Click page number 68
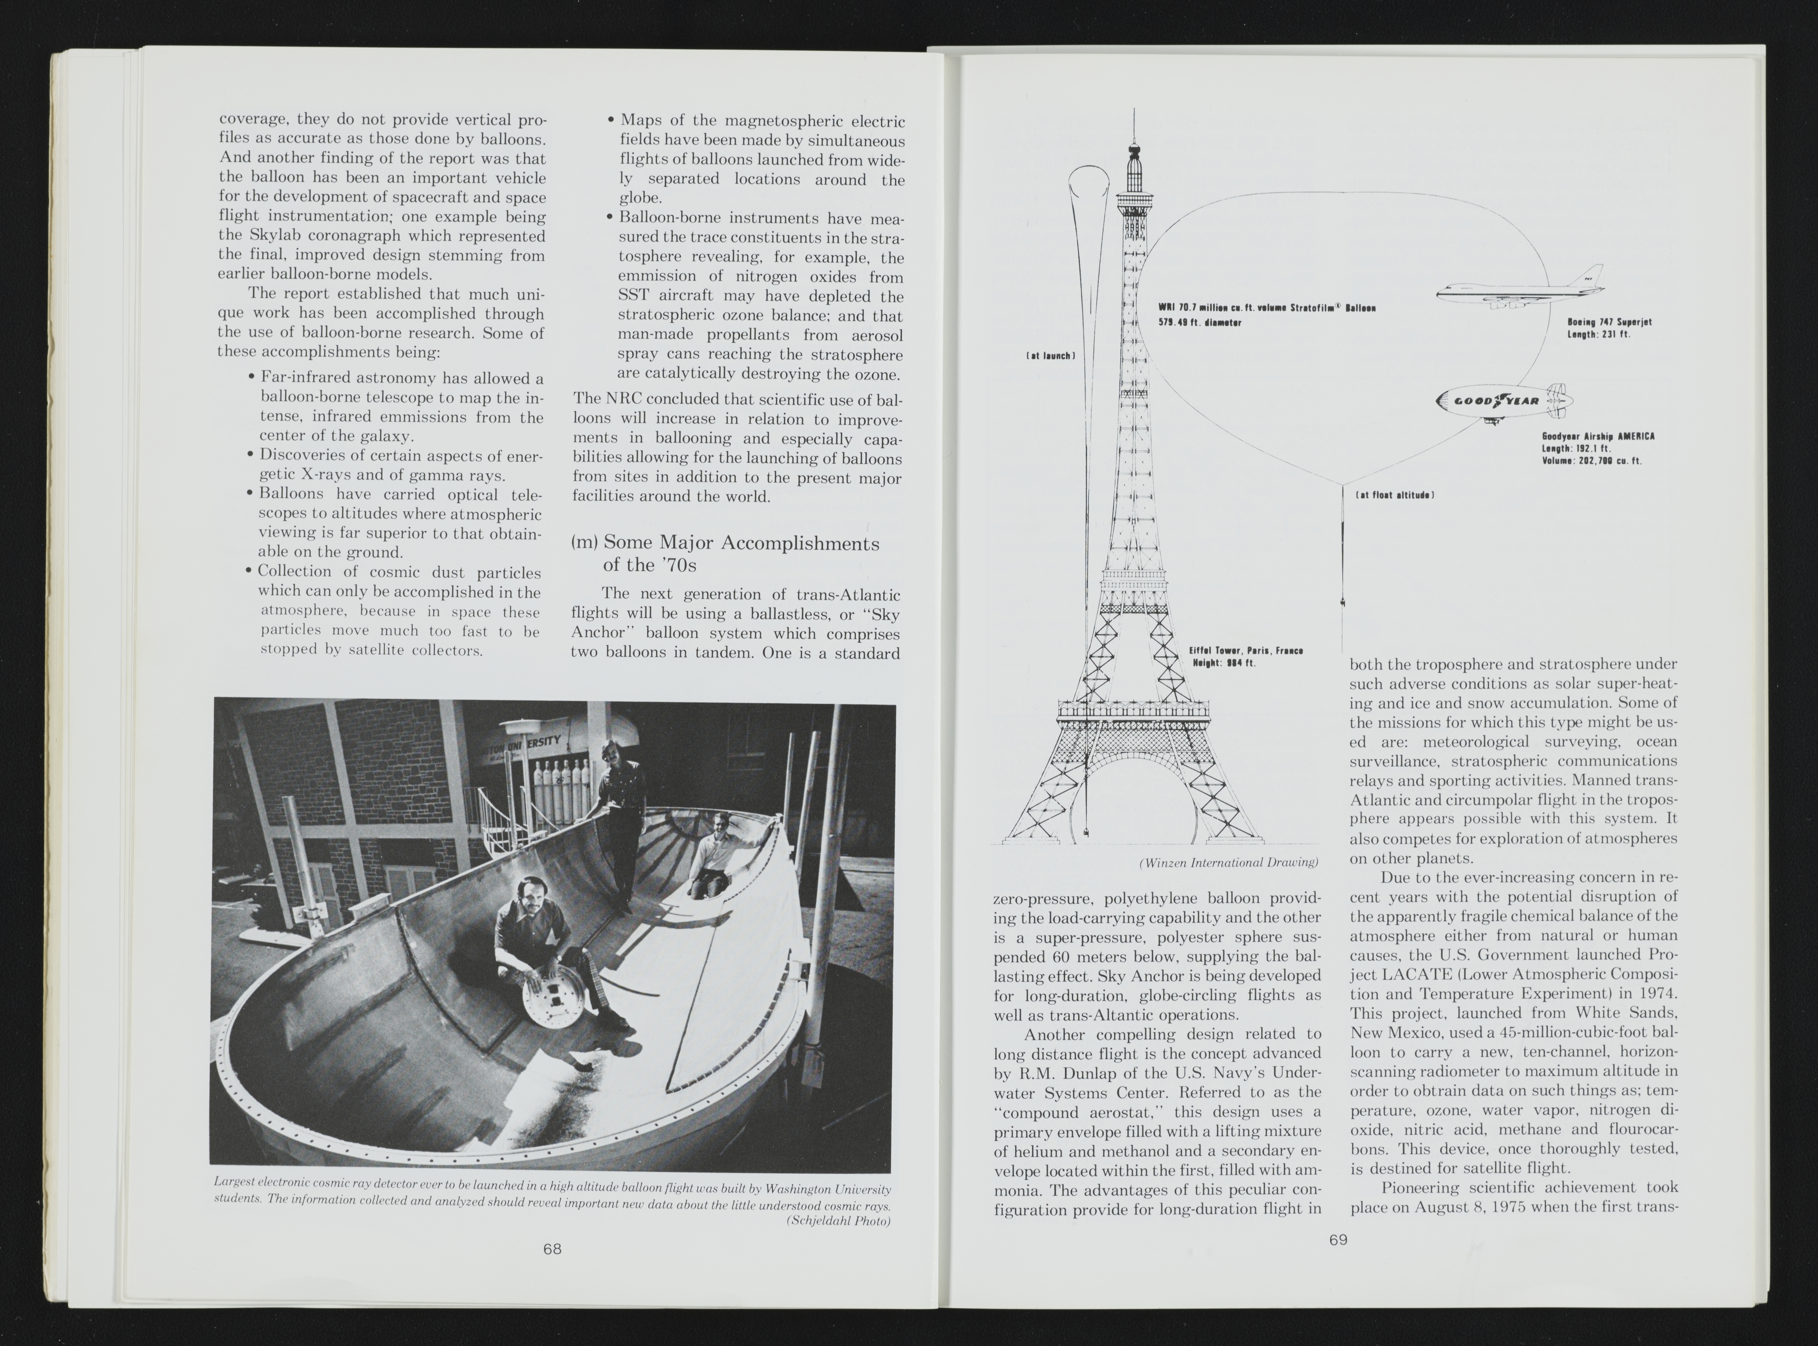[552, 1248]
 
